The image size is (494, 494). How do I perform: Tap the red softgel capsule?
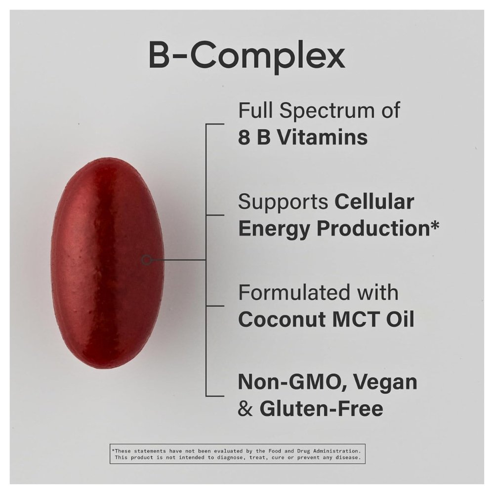point(107,263)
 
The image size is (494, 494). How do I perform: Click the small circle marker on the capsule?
point(146,260)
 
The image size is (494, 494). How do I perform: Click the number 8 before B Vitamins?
point(244,138)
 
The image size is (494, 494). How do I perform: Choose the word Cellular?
point(374,202)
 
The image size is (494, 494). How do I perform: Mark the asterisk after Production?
point(434,225)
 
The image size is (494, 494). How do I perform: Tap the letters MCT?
point(356,320)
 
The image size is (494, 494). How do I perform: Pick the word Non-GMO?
point(292,382)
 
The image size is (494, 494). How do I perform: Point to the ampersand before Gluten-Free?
point(245,409)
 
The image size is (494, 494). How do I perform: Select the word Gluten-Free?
point(322,409)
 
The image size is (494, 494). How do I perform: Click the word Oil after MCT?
point(400,320)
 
